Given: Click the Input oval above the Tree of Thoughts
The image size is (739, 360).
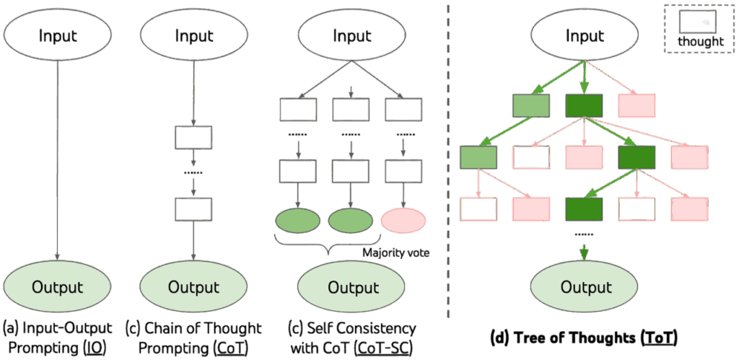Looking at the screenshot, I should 585,35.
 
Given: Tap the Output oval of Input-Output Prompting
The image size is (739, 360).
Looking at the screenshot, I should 58,287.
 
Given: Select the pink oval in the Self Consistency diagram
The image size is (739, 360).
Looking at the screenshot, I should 403,220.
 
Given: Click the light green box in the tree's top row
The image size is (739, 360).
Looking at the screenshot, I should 530,105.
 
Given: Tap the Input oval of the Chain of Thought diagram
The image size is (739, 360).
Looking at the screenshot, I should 193,35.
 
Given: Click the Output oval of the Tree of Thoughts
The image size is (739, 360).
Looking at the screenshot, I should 585,287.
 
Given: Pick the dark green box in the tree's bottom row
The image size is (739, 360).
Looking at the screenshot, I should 584,208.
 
